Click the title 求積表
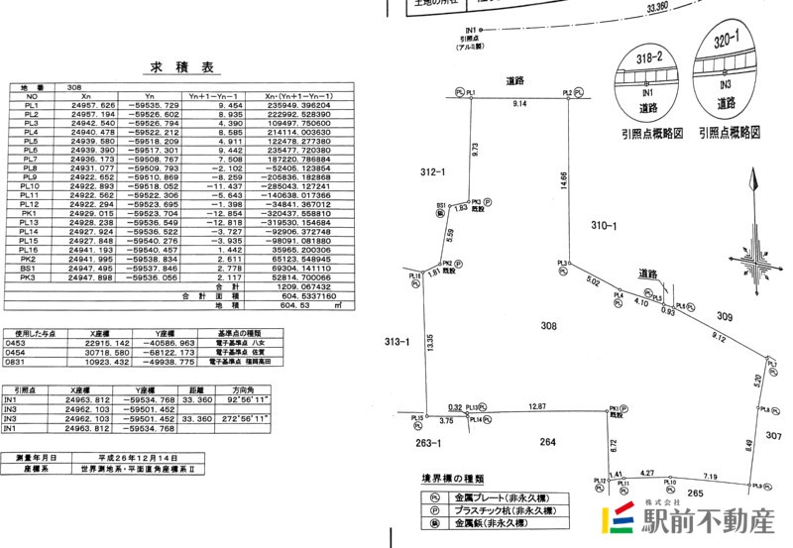click(x=181, y=68)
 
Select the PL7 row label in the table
click(x=30, y=159)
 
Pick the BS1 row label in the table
click(x=30, y=268)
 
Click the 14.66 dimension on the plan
click(x=563, y=179)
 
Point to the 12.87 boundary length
click(x=537, y=406)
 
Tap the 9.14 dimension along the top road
click(x=519, y=104)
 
